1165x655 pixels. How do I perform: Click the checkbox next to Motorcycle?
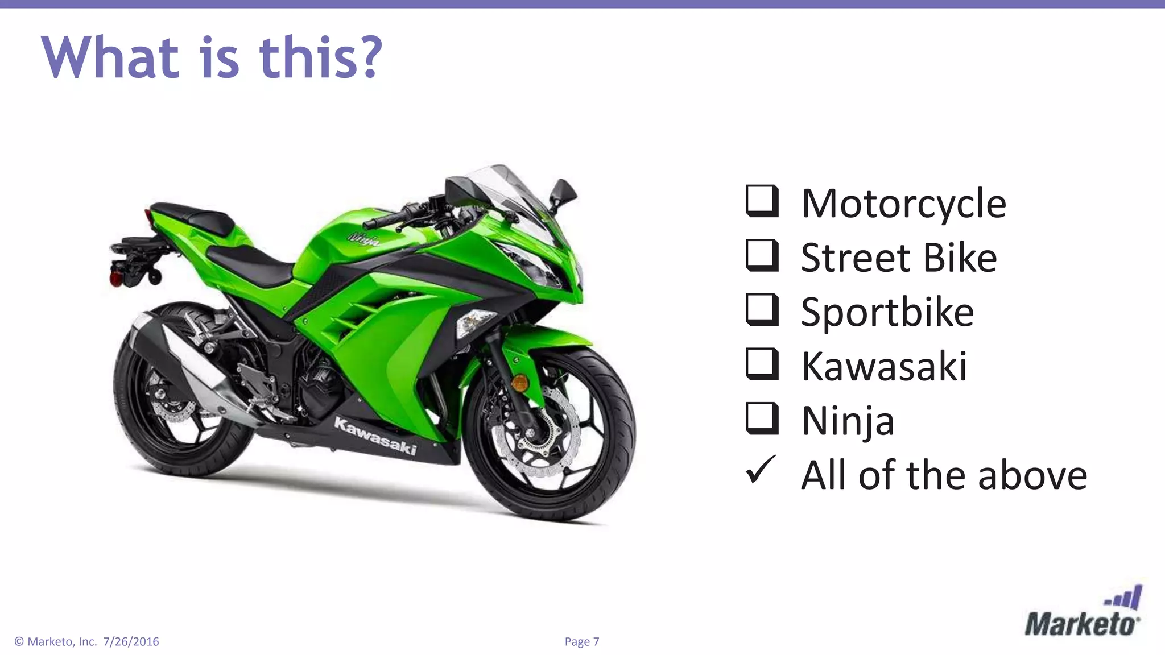762,201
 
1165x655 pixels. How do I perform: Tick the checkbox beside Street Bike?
762,256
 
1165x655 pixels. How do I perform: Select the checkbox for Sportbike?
762,310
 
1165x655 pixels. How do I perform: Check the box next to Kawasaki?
762,364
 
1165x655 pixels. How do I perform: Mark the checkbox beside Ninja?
762,418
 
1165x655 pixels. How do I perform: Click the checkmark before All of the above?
761,470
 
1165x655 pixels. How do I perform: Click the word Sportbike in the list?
887,312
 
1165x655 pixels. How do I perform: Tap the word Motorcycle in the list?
903,203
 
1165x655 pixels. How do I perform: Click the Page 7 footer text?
581,641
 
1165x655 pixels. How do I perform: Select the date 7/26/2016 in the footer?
131,641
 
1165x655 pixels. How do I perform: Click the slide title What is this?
212,57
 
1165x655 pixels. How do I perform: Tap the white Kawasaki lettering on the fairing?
375,436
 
